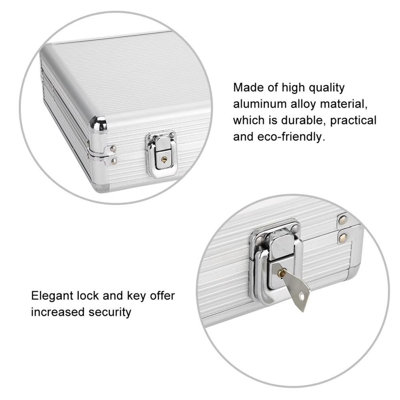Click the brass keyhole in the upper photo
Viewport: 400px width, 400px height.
(x=164, y=159)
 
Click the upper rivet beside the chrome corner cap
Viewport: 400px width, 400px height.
(x=113, y=149)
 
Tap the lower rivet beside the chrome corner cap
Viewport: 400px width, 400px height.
(x=114, y=161)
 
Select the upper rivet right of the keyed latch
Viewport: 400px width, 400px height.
(x=342, y=220)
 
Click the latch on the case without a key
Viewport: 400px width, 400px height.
(x=162, y=154)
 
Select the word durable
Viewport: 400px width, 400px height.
(x=297, y=120)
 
